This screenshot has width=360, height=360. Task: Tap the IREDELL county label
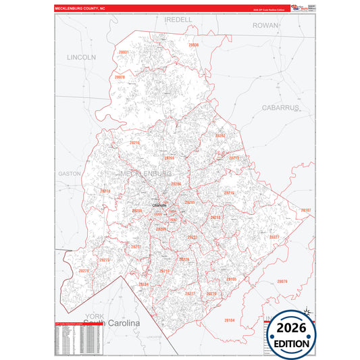pyautogui.click(x=178, y=20)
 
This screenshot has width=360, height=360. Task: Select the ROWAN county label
pyautogui.click(x=265, y=25)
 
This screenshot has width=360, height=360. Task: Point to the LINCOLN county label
pyautogui.click(x=82, y=57)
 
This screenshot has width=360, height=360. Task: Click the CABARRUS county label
pyautogui.click(x=280, y=107)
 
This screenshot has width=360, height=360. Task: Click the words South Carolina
pyautogui.click(x=112, y=324)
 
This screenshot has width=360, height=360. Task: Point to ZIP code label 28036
pyautogui.click(x=194, y=45)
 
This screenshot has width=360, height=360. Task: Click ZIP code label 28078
pyautogui.click(x=120, y=78)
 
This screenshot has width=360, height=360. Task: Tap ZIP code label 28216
pyautogui.click(x=134, y=143)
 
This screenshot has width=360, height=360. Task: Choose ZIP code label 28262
pyautogui.click(x=220, y=136)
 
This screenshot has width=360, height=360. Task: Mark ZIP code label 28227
pyautogui.click(x=274, y=237)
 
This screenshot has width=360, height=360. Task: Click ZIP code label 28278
pyautogui.click(x=84, y=271)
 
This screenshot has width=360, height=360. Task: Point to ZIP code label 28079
pyautogui.click(x=282, y=281)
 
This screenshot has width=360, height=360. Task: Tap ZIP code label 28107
pyautogui.click(x=305, y=210)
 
